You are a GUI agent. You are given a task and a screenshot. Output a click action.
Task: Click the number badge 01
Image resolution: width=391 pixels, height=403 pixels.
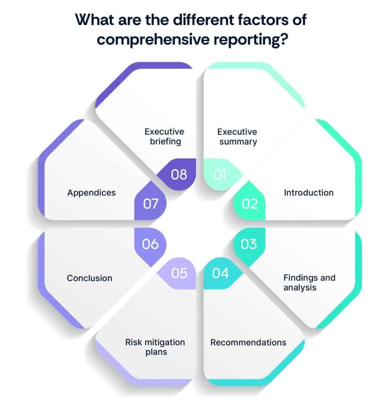pyautogui.click(x=220, y=174)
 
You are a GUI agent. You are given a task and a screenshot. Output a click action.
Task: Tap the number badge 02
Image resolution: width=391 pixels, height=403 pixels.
pyautogui.click(x=250, y=203)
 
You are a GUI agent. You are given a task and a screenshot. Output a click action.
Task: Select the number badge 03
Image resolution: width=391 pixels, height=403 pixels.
pyautogui.click(x=249, y=244)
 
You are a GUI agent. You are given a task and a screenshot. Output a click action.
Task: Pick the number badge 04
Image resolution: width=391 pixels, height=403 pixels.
pyautogui.click(x=220, y=273)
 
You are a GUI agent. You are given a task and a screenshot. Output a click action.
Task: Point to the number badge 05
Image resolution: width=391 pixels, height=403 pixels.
pyautogui.click(x=179, y=273)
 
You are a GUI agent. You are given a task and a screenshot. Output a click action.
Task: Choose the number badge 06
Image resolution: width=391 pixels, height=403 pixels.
pyautogui.click(x=150, y=244)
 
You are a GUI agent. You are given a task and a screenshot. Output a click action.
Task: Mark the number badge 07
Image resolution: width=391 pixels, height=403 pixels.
pyautogui.click(x=150, y=203)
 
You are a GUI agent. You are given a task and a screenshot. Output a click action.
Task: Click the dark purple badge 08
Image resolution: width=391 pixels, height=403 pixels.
pyautogui.click(x=179, y=174)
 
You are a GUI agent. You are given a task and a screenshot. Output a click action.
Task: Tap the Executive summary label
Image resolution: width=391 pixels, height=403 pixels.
pyautogui.click(x=237, y=137)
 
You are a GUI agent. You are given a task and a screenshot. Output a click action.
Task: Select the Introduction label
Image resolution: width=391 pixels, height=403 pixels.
pyautogui.click(x=309, y=193)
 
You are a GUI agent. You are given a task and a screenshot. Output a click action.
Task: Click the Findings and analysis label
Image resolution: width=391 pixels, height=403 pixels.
pyautogui.click(x=309, y=283)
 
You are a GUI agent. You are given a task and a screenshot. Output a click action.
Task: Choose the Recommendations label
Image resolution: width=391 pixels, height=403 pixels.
pyautogui.click(x=248, y=342)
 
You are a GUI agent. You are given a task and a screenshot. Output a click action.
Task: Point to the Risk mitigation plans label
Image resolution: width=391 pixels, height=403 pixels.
pyautogui.click(x=155, y=347)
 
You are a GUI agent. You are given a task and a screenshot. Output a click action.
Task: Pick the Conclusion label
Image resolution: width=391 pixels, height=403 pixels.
pyautogui.click(x=89, y=278)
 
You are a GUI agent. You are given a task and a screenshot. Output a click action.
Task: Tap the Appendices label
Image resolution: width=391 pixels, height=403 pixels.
pyautogui.click(x=91, y=193)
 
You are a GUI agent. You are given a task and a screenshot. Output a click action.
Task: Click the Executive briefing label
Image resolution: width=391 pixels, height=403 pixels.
pyautogui.click(x=165, y=137)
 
